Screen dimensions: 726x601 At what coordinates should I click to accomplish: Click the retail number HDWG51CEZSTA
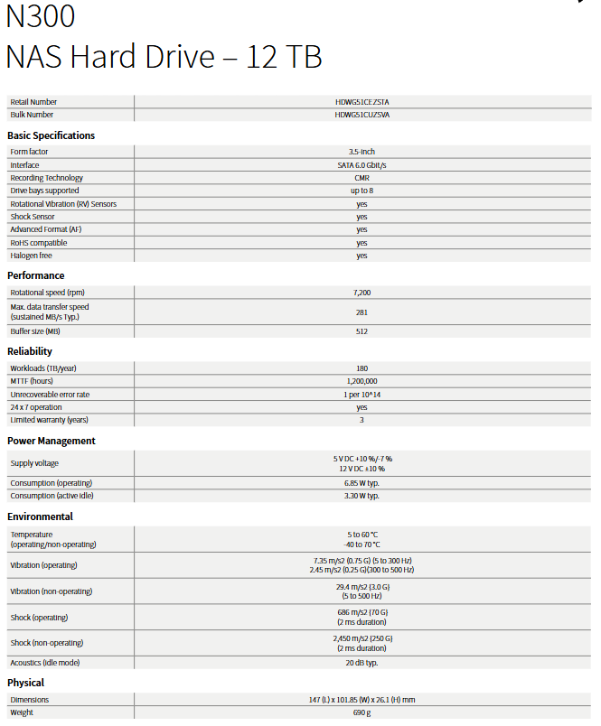pos(362,102)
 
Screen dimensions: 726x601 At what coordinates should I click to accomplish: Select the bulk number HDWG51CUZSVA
pos(362,115)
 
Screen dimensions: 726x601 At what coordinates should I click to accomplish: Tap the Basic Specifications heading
pos(51,135)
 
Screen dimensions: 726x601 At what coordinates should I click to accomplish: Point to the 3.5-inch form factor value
pos(362,152)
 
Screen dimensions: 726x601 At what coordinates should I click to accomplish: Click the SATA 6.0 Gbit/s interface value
pos(362,165)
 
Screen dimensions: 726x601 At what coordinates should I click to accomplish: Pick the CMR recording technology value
pos(362,178)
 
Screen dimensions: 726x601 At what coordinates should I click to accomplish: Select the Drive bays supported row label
pos(44,191)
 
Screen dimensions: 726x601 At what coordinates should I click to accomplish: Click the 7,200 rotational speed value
pos(362,293)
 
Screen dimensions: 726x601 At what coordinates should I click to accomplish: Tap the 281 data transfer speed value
pos(362,312)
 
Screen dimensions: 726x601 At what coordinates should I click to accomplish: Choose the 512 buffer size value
pos(362,331)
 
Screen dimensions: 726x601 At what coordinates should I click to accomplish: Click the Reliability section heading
pos(30,351)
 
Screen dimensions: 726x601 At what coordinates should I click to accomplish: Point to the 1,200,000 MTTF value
pos(362,381)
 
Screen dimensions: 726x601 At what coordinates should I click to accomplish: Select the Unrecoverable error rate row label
pos(50,395)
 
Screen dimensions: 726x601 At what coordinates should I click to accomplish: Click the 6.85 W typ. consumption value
pos(362,483)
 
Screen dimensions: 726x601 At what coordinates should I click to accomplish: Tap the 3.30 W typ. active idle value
pos(362,496)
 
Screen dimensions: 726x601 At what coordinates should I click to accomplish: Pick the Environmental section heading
pos(40,517)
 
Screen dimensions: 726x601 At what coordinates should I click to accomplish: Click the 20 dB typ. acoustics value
pos(362,663)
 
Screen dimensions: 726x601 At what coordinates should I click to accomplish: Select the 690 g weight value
pos(362,712)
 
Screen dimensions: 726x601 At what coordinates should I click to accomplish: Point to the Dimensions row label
pos(29,700)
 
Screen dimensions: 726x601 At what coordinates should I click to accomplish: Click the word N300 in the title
pos(41,16)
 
